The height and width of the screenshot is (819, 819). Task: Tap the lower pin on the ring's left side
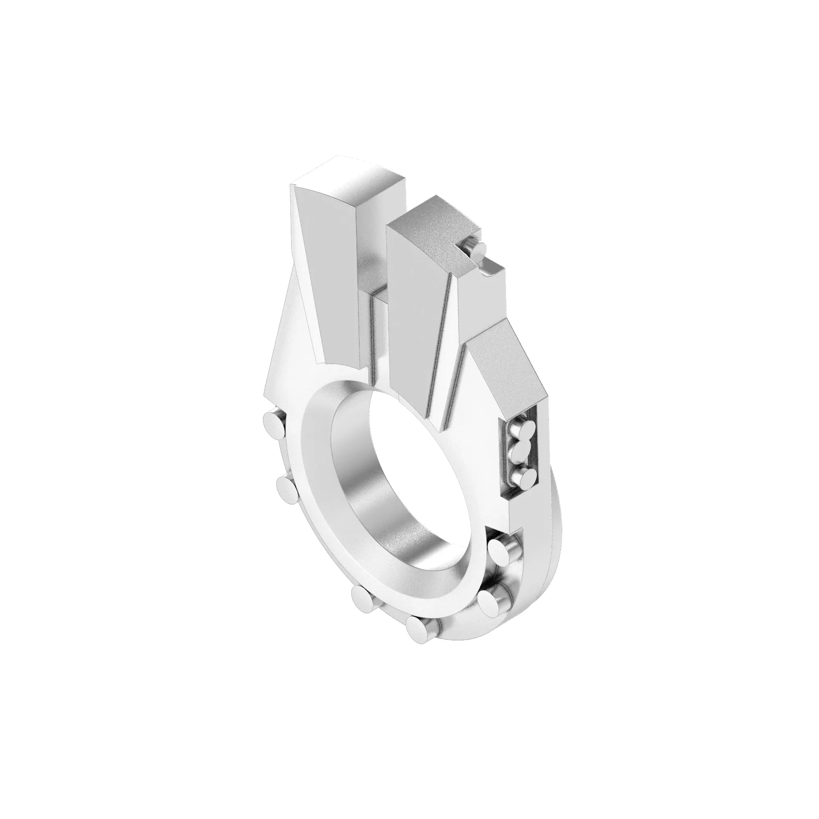[x=288, y=490]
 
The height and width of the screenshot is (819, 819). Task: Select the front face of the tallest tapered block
[x=326, y=276]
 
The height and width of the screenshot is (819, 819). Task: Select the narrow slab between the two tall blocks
[x=378, y=335]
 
